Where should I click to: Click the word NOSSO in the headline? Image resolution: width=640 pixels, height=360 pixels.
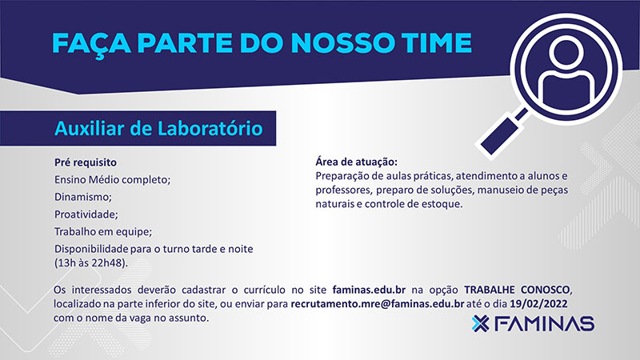click(343, 43)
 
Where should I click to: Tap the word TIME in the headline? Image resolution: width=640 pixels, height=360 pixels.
click(436, 43)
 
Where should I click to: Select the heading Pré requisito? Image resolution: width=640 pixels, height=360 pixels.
click(86, 162)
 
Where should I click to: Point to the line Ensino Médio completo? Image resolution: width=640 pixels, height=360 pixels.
click(112, 179)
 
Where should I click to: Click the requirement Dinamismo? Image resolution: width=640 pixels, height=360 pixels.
click(83, 197)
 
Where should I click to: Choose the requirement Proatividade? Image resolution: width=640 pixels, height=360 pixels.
click(86, 214)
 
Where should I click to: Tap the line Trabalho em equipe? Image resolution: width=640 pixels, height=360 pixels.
click(103, 232)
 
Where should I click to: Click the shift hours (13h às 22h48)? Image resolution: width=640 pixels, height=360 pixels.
click(91, 263)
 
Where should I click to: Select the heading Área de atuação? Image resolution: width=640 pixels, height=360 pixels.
click(356, 162)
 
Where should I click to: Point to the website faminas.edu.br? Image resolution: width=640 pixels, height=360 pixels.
click(369, 290)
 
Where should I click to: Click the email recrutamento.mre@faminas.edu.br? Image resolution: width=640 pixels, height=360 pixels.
click(378, 304)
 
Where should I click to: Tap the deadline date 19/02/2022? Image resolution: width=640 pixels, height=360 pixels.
click(538, 304)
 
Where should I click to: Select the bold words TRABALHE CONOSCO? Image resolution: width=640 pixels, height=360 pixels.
click(518, 290)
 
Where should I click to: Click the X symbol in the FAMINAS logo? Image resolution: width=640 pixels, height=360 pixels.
click(481, 324)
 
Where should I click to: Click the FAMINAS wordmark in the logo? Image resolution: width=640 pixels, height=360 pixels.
click(544, 324)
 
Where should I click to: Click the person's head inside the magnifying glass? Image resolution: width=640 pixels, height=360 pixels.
click(566, 53)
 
